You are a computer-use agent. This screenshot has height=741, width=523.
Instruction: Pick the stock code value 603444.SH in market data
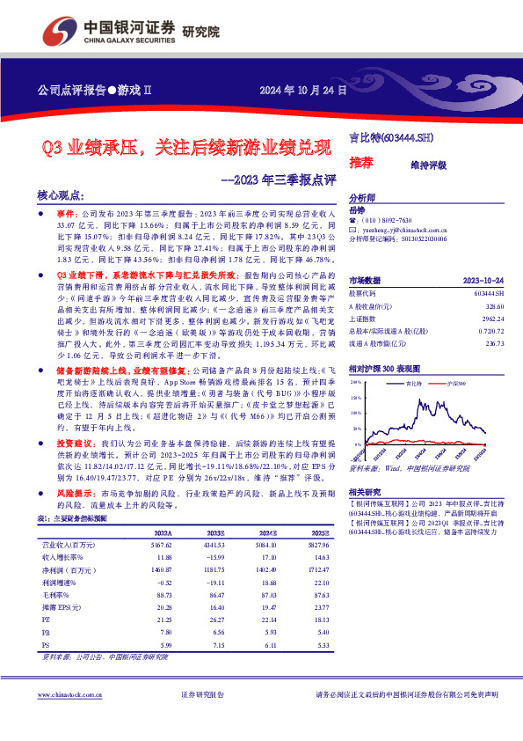coord(488,292)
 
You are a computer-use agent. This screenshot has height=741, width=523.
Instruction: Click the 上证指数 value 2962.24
coord(492,319)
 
